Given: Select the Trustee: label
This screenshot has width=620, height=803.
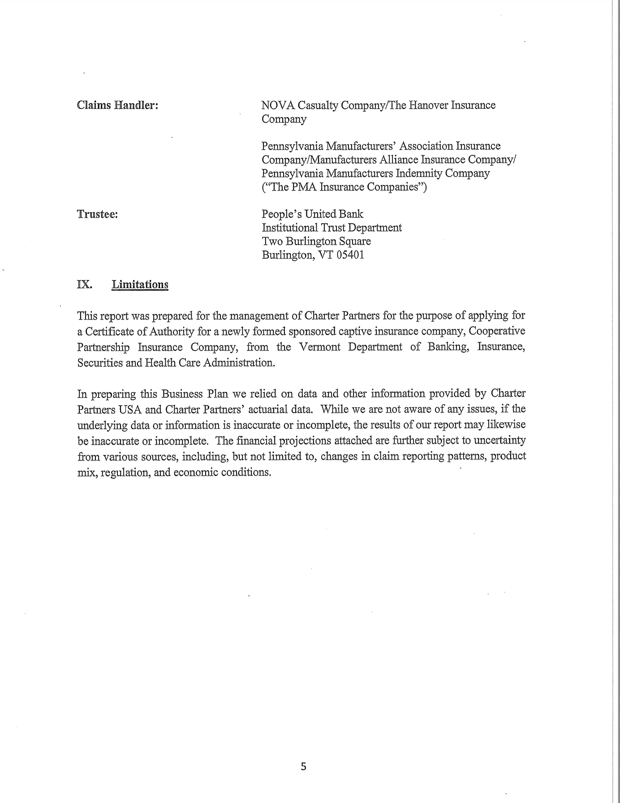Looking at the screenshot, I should click(x=97, y=214).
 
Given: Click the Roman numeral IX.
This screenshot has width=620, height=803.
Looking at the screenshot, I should click(x=84, y=285).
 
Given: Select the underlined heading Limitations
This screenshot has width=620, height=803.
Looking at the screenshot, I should click(x=140, y=285).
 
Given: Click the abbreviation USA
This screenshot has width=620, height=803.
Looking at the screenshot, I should click(x=130, y=410).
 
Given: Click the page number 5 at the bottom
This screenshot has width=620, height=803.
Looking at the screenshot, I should click(x=303, y=767).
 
